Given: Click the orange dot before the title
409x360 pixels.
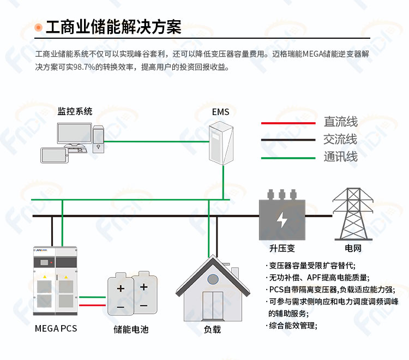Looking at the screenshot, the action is (x=38, y=27).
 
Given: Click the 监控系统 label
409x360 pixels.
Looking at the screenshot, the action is (x=75, y=111).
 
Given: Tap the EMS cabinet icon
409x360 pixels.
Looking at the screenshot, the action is (x=221, y=143).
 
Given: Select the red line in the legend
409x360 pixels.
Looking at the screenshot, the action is (x=288, y=123).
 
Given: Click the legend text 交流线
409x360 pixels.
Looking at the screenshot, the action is (x=340, y=139).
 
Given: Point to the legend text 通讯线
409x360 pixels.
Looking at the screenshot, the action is (x=340, y=157).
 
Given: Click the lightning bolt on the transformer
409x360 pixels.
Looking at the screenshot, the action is (x=282, y=220).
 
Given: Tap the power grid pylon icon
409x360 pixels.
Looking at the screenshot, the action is (x=353, y=214).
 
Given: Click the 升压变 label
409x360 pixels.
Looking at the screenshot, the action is (x=282, y=248).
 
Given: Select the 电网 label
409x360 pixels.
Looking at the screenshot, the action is (x=353, y=248).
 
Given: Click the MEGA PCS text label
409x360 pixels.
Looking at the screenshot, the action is (x=56, y=328).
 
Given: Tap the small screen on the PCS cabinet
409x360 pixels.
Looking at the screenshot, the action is (x=44, y=262).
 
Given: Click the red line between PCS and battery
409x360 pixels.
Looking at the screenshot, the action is (x=92, y=305).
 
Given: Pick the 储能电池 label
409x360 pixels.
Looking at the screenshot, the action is (x=131, y=329).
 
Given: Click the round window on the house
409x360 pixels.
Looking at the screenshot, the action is (x=213, y=279).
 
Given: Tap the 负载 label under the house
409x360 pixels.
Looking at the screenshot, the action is (x=212, y=329).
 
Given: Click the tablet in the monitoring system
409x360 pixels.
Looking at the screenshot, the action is (x=54, y=155).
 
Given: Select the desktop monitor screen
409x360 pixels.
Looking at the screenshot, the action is (x=74, y=133).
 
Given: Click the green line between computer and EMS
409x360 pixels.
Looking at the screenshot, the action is (x=157, y=142).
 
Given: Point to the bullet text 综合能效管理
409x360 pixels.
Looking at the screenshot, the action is (x=292, y=326).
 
